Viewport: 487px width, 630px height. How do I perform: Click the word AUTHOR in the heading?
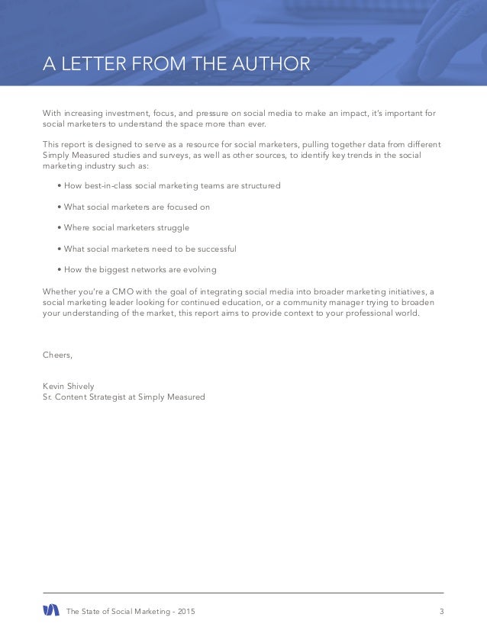[273, 63]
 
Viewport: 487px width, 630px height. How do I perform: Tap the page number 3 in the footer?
[441, 610]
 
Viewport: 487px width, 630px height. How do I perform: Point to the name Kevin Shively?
[69, 386]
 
